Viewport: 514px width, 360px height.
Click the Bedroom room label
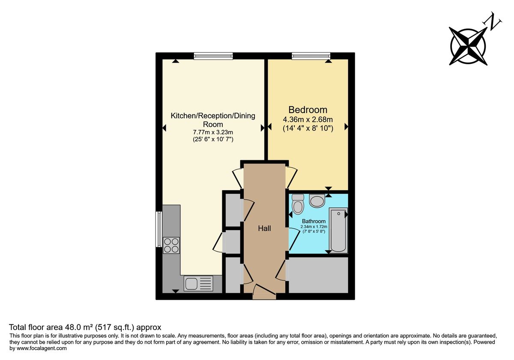coord(308,110)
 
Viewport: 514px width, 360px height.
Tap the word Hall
coord(264,228)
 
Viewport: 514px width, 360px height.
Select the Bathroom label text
coord(314,222)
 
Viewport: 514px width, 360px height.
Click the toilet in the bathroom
coord(298,204)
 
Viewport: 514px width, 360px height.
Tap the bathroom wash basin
coord(317,200)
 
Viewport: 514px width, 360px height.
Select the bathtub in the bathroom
coord(338,231)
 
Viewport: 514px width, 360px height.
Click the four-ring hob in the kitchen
coord(171,245)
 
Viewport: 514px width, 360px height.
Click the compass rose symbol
coord(468,45)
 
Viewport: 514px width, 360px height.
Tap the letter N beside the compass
coord(494,23)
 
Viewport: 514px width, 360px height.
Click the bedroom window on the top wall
coord(311,56)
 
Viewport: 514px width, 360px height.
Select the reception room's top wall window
coord(213,56)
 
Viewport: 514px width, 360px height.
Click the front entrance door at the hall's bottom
coord(264,293)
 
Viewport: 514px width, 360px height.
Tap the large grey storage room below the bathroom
coord(318,275)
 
